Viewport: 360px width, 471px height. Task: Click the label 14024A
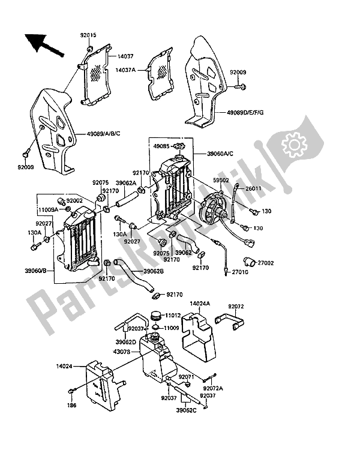point(200,304)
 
